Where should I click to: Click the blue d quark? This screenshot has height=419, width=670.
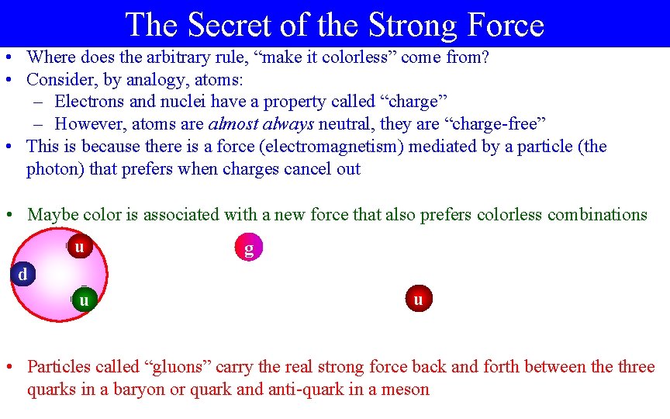pos(23,274)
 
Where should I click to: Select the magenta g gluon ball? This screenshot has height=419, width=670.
pos(248,248)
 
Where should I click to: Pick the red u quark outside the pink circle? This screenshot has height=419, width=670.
pos(419,298)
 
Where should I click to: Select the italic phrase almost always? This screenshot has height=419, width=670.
pos(261,124)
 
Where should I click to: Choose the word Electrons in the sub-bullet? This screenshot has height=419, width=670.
pos(89,102)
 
